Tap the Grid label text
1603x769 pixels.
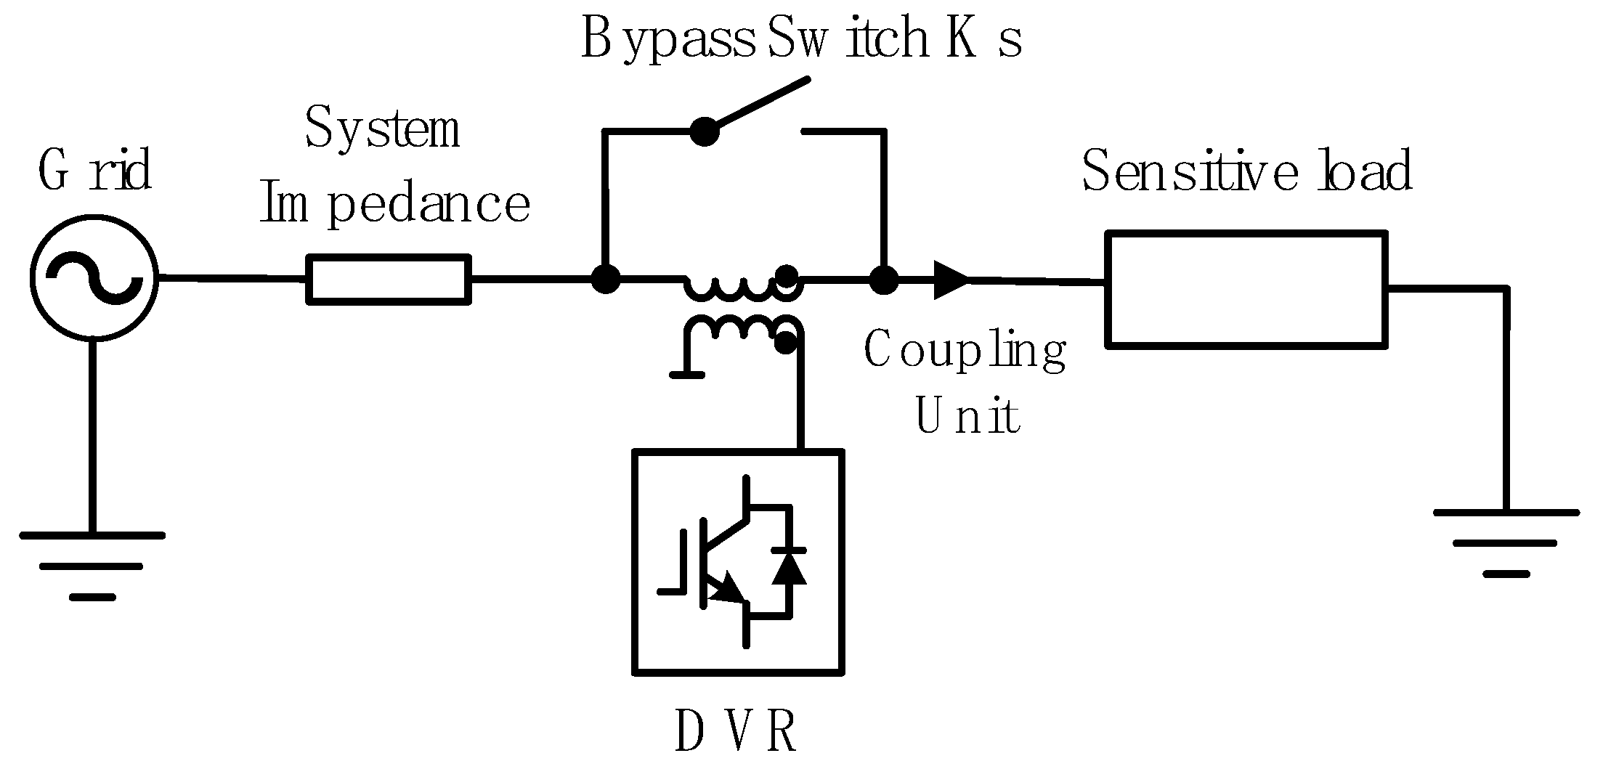point(95,171)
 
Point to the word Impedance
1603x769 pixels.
point(394,205)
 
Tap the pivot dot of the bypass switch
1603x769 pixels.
point(703,131)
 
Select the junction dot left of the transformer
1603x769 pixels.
point(605,277)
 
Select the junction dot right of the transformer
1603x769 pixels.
point(884,279)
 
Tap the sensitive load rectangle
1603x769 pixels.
point(1246,289)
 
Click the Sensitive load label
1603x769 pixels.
point(1246,171)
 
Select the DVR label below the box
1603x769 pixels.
point(736,732)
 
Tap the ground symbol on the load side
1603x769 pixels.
point(1506,542)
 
